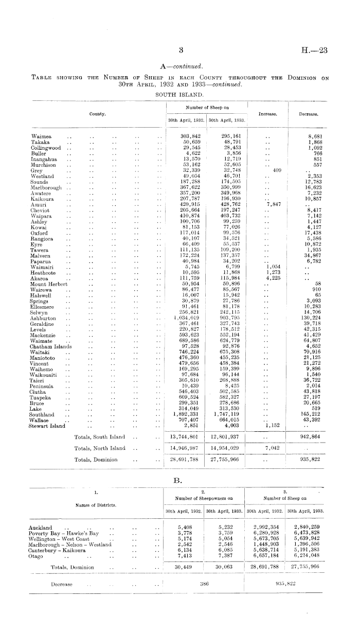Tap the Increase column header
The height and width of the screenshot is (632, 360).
tap(268, 114)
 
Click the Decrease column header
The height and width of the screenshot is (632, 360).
tap(308, 114)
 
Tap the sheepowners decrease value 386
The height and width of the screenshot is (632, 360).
tap(204, 585)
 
